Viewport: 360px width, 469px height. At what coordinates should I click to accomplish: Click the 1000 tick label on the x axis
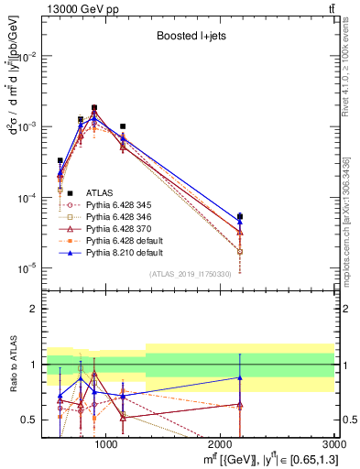coord(106,446)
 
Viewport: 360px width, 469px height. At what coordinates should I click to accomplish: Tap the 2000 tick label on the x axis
coord(221,446)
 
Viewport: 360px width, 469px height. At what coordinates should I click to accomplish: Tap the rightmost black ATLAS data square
coord(240,217)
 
